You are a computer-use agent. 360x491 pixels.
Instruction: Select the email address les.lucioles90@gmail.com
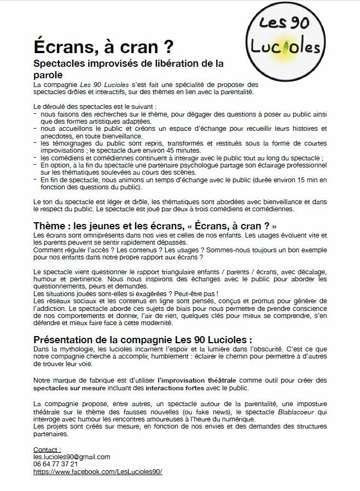click(72, 457)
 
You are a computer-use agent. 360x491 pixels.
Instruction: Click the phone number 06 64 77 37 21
click(55, 464)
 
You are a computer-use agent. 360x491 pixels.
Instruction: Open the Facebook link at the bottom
click(98, 471)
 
